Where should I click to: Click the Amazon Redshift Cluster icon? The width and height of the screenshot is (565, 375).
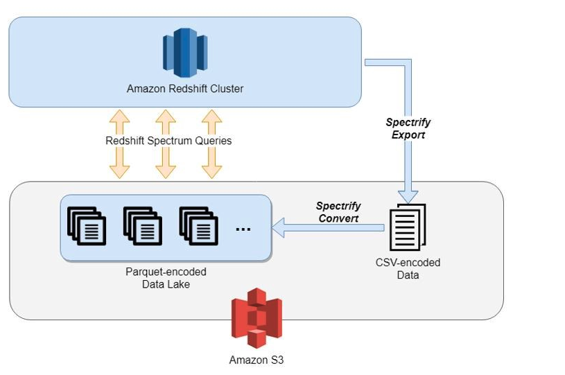[x=185, y=53]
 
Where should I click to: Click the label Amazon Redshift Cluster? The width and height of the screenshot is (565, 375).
[x=185, y=89]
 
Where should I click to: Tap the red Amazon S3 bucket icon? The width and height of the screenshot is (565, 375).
[x=257, y=318]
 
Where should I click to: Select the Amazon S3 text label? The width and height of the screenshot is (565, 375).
[x=257, y=360]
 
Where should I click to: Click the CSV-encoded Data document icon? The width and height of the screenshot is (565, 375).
[x=408, y=227]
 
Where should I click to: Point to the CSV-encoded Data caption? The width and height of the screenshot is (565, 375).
[x=408, y=269]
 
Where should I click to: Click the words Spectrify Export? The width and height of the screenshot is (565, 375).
[x=408, y=128]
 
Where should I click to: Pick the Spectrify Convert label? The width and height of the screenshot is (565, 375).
[x=338, y=212]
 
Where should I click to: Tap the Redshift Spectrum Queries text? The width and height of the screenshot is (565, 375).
[x=168, y=141]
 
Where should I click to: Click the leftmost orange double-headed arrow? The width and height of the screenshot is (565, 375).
[x=120, y=143]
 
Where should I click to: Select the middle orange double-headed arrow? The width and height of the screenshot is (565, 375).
[x=165, y=143]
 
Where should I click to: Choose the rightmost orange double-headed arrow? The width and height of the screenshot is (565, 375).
[x=211, y=143]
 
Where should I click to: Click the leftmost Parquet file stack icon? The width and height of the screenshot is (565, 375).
[x=87, y=226]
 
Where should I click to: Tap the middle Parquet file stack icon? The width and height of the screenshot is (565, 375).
[x=142, y=226]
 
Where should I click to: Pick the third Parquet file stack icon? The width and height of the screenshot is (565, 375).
[x=198, y=226]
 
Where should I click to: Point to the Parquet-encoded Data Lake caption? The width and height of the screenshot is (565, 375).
[x=166, y=277]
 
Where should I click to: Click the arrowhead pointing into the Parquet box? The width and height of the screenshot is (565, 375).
[x=278, y=227]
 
